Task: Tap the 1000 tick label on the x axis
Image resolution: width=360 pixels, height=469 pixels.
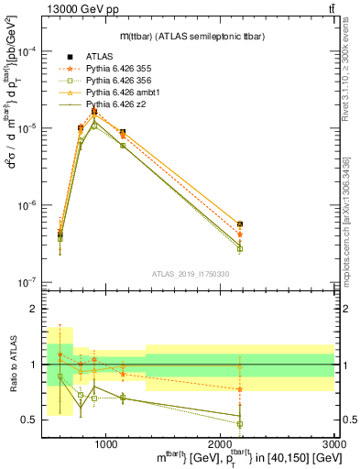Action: point(106,443)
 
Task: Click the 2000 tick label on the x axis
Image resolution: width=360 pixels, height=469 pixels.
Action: point(221,443)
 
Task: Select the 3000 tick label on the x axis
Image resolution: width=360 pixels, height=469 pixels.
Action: point(334,443)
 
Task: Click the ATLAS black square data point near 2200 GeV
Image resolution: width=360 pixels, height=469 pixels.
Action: point(240,224)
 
